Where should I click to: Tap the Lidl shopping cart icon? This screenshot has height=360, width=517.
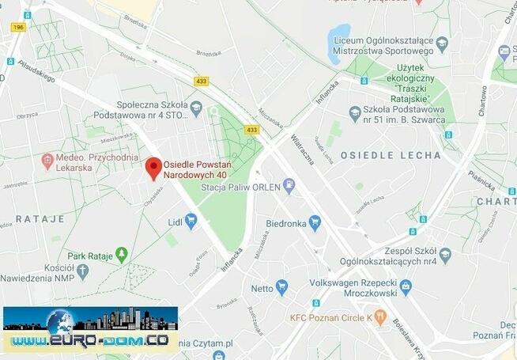191,219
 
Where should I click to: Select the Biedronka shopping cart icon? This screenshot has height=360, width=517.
315,222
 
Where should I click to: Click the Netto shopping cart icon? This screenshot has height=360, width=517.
281,287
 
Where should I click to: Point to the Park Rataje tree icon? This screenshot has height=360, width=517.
121,254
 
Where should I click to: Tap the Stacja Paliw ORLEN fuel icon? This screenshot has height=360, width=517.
289,187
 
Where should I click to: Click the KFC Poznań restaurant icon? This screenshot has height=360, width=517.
380,318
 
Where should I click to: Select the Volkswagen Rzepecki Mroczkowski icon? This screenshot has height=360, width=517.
406,286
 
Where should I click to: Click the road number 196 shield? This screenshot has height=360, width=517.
18,27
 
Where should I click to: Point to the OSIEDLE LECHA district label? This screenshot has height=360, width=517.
391,155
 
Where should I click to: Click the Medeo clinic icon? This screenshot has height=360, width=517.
47,161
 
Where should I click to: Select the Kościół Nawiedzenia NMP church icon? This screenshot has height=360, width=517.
82,270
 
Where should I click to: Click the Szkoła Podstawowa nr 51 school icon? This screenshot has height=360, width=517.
355,114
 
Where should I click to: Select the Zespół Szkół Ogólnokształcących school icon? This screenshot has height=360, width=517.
445,255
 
